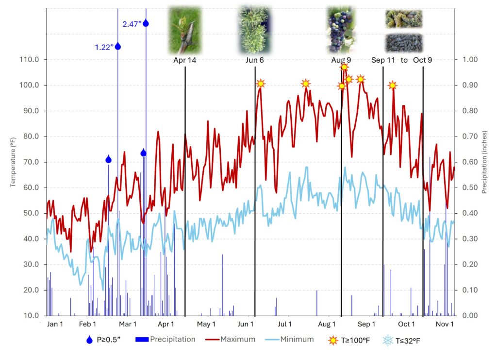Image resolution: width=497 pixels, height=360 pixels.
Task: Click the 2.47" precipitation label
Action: tap(132, 24)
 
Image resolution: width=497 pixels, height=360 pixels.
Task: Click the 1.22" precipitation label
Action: tap(104, 47)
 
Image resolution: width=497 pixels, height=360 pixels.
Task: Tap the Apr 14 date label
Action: tap(185, 60)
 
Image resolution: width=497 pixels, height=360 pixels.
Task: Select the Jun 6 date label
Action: tap(255, 60)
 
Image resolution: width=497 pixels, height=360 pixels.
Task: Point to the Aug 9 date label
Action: tap(341, 60)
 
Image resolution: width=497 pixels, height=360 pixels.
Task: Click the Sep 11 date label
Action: tap(383, 60)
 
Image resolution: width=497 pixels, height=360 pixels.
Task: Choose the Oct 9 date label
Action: tap(423, 60)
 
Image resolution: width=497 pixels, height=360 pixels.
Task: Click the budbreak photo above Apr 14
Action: tap(184, 30)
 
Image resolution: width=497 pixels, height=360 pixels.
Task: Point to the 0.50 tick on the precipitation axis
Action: tap(468, 188)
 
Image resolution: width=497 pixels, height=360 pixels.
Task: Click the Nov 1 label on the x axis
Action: tap(445, 325)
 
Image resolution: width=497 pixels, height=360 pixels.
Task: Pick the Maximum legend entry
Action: tap(237, 340)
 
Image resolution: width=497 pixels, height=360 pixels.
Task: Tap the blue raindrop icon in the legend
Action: tap(89, 340)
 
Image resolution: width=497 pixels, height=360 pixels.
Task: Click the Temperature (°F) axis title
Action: tap(13, 162)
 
